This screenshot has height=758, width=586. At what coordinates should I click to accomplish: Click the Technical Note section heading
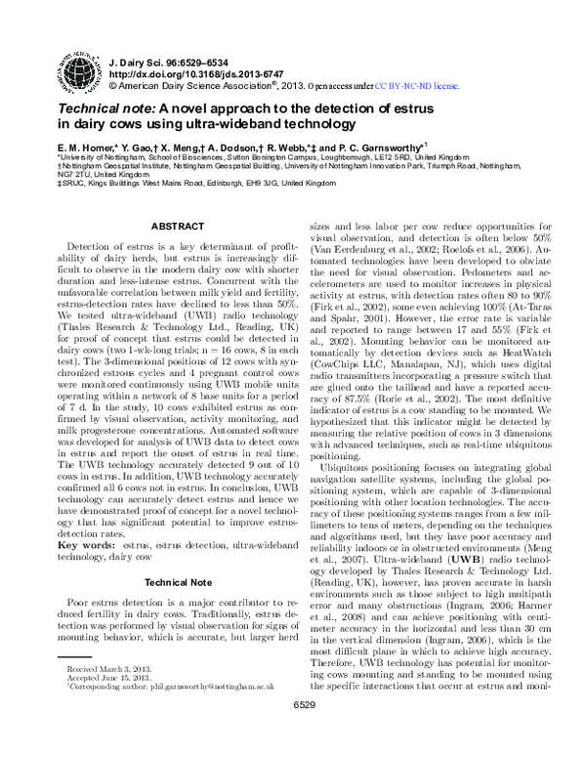click(168, 582)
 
